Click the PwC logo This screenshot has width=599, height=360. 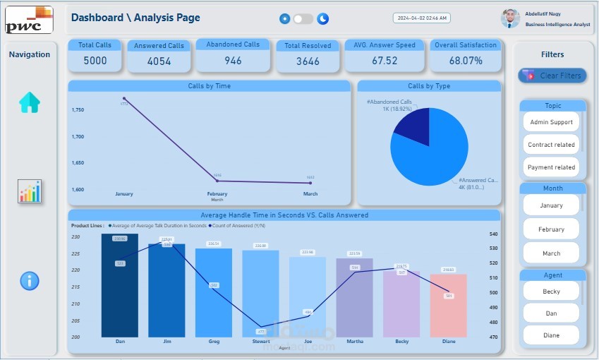[29, 20]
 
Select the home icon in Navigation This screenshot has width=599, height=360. [30, 103]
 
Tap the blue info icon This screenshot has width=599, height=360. [30, 281]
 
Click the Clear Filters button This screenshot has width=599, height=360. [552, 76]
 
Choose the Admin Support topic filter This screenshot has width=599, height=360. [552, 122]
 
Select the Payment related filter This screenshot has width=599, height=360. [552, 167]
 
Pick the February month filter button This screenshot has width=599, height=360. [552, 229]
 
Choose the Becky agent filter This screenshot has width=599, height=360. [552, 292]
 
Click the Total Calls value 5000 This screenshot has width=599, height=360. [95, 61]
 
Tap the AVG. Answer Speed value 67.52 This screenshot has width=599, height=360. [385, 61]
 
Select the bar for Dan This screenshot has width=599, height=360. [120, 286]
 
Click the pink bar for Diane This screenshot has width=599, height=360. [449, 305]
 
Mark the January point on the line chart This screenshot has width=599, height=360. [124, 98]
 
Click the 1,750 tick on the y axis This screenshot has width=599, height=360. [78, 110]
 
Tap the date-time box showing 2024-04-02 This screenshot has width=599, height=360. [422, 18]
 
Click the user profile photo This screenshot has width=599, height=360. [510, 18]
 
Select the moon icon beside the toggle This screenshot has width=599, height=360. [323, 19]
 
